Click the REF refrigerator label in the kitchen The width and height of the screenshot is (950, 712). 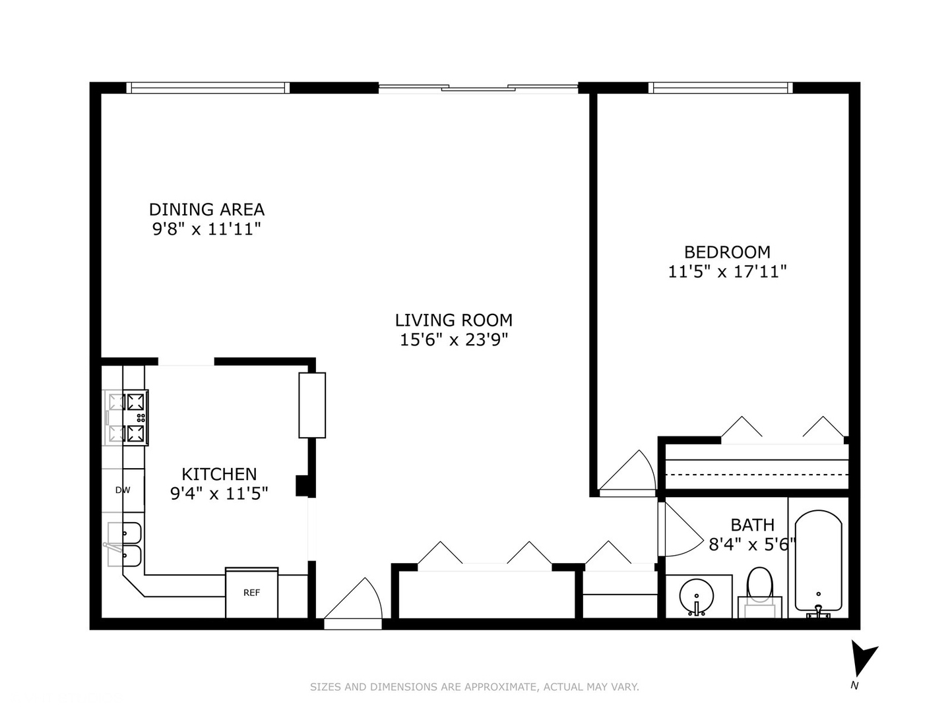click(251, 593)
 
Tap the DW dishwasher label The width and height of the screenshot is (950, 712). click(123, 490)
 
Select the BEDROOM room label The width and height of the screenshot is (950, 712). click(727, 252)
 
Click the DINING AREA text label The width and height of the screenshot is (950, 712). click(206, 210)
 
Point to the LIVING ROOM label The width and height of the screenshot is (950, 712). click(454, 320)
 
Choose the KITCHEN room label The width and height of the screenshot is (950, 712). click(219, 474)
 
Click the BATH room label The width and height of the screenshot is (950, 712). click(753, 525)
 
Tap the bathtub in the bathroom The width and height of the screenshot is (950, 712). click(818, 562)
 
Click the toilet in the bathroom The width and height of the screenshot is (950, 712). click(759, 592)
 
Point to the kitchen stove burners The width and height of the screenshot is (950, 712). click(127, 417)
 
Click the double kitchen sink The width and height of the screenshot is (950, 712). click(125, 545)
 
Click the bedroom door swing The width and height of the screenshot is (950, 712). click(627, 472)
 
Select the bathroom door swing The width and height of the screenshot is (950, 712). click(680, 529)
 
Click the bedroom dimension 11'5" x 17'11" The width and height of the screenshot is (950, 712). click(727, 272)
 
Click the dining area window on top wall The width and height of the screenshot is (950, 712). click(208, 88)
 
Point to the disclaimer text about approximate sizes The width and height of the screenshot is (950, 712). click(474, 686)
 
